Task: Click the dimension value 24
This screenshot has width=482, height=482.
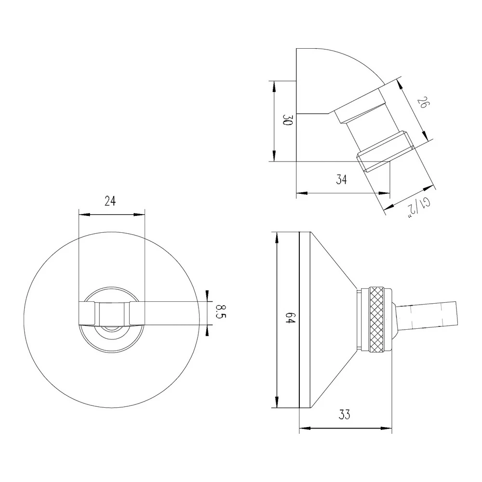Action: click(110, 201)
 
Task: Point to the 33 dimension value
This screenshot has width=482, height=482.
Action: click(344, 415)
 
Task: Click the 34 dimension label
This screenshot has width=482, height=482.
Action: click(341, 179)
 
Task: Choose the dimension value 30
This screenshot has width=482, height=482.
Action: click(287, 120)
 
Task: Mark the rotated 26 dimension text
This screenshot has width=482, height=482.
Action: click(422, 103)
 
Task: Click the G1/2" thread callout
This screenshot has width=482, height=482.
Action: click(419, 208)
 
